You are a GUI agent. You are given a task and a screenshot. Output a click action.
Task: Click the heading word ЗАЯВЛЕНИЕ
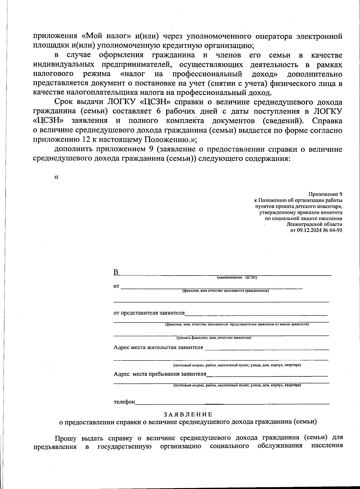(x=188, y=415)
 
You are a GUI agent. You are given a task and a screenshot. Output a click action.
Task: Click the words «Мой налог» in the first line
(x=106, y=36)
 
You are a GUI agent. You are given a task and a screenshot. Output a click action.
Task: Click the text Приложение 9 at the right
(x=325, y=194)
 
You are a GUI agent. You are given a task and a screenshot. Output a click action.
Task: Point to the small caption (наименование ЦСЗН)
(x=237, y=278)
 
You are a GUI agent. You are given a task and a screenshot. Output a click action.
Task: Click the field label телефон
(x=124, y=402)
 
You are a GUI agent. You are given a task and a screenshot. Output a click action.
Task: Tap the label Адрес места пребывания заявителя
(x=160, y=374)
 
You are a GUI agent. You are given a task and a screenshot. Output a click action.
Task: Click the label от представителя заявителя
(x=149, y=313)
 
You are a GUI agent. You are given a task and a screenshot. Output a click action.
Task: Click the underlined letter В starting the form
(x=116, y=272)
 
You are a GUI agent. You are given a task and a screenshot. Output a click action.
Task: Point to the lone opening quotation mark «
(x=56, y=177)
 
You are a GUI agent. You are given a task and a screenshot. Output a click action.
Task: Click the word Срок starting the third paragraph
(x=64, y=102)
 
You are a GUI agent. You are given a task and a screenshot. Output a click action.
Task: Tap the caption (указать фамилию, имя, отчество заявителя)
(x=214, y=338)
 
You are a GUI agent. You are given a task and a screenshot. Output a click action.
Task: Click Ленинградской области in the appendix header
(x=314, y=224)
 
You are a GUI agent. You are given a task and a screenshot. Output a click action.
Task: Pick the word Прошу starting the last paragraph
(x=66, y=437)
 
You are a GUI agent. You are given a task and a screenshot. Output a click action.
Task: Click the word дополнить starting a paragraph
(x=73, y=149)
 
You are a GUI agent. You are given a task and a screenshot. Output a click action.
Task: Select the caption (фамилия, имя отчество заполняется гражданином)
(x=226, y=291)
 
